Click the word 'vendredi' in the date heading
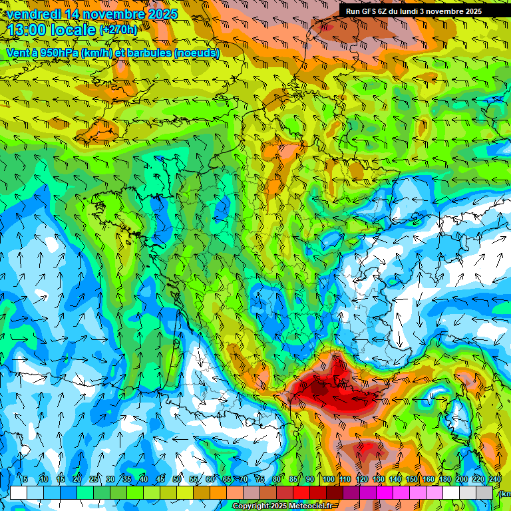[33, 14]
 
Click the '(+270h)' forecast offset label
[118, 30]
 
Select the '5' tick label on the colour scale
[25, 480]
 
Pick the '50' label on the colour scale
[177, 480]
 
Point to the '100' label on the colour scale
[328, 480]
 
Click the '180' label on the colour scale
[444, 480]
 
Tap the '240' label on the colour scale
[494, 480]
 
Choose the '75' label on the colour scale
[260, 480]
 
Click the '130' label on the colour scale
[378, 480]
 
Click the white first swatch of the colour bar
[18, 492]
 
